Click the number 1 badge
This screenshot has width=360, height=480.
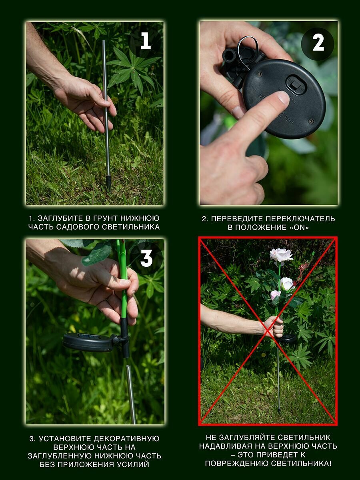146,42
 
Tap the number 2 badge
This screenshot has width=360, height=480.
318,44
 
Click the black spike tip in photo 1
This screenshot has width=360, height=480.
108,182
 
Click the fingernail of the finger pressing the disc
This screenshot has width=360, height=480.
284,98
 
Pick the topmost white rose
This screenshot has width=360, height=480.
281,255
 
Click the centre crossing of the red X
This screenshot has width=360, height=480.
268,332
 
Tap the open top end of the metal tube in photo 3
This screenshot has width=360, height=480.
128,367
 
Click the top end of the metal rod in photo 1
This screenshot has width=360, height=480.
104,41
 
